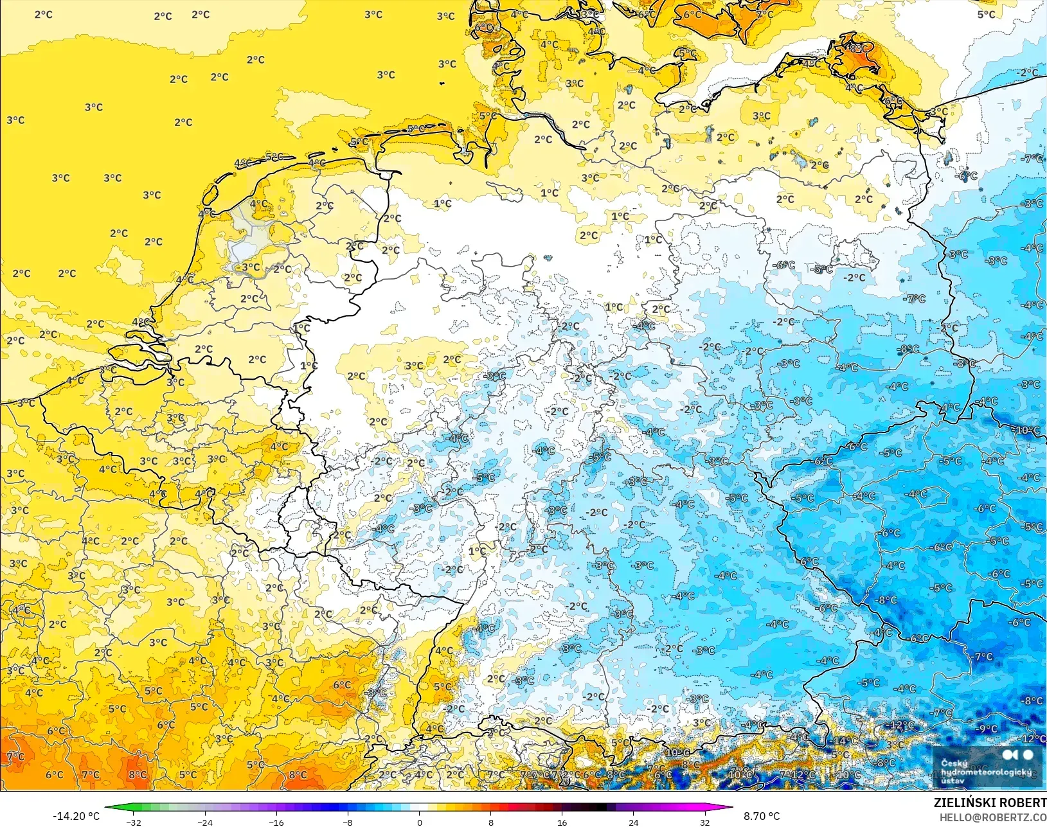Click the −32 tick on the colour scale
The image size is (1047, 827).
point(133,822)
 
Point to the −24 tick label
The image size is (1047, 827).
point(204,822)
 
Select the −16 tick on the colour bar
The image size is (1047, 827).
point(276,822)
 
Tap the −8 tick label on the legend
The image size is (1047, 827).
point(347,822)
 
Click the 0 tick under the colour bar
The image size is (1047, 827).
point(419,822)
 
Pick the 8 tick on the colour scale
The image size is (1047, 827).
point(491,822)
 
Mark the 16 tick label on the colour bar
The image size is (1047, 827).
point(562,822)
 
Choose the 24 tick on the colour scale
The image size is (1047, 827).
point(634,822)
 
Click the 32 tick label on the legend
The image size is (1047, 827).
point(705,822)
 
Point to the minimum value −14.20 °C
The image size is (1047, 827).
point(76,816)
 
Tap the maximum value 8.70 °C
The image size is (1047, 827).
point(762,816)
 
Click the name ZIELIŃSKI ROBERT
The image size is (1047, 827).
point(990,803)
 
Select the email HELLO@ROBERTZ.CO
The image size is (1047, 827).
point(993,817)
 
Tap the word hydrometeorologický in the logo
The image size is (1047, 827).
point(986,772)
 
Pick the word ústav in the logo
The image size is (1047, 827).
point(953,781)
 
